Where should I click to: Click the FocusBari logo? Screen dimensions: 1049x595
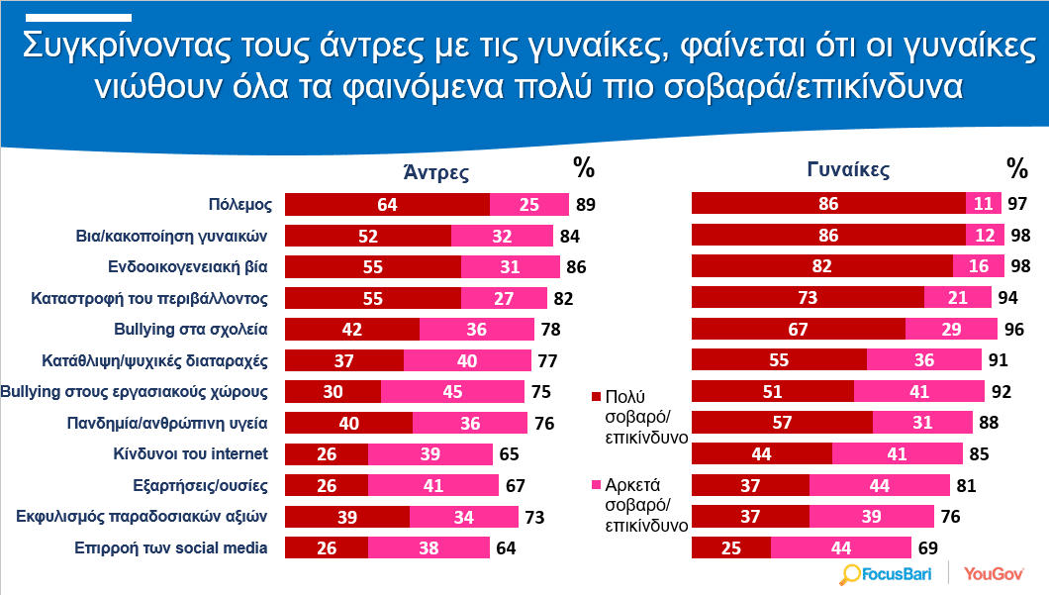coord(885,574)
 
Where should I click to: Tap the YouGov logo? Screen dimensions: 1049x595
coord(994,573)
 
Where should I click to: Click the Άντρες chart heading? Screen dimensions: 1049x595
coord(436,172)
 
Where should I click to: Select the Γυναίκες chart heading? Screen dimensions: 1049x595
coord(848,170)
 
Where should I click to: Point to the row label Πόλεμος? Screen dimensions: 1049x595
coord(240,204)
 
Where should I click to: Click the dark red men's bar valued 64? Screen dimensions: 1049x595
coord(387,204)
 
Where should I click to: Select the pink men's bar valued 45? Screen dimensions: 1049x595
coord(452,391)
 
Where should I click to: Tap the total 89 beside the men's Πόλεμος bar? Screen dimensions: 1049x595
coord(586,205)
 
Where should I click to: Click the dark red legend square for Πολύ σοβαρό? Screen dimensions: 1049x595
coord(596,397)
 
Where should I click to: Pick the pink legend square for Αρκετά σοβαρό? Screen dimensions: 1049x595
coord(596,484)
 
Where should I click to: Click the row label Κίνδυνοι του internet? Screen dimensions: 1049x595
coord(190,453)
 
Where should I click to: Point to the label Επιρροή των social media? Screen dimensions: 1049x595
coord(170,548)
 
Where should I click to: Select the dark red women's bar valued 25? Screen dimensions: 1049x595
coord(731,547)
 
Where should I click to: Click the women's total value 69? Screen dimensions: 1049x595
coord(928,548)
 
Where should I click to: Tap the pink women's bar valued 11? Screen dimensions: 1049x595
coord(984,204)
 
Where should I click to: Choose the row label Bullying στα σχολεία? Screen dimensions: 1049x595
coord(191,330)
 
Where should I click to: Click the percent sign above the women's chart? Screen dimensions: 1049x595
coord(1017,168)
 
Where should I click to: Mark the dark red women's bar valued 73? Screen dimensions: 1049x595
coord(808,297)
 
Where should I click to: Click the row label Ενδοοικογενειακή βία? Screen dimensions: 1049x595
coord(187,267)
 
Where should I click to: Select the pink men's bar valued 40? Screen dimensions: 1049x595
coord(467,360)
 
